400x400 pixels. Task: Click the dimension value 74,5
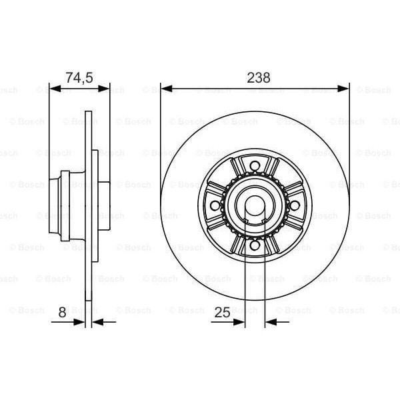pos(78,77)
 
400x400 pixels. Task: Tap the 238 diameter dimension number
pos(258,77)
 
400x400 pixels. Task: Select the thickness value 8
pos(62,311)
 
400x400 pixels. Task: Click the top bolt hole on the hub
pos(255,167)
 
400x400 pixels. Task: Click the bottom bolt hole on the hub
pos(255,247)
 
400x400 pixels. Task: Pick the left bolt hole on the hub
pos(215,207)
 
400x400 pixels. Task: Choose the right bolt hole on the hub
pos(294,207)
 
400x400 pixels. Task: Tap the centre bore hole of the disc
pos(255,207)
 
